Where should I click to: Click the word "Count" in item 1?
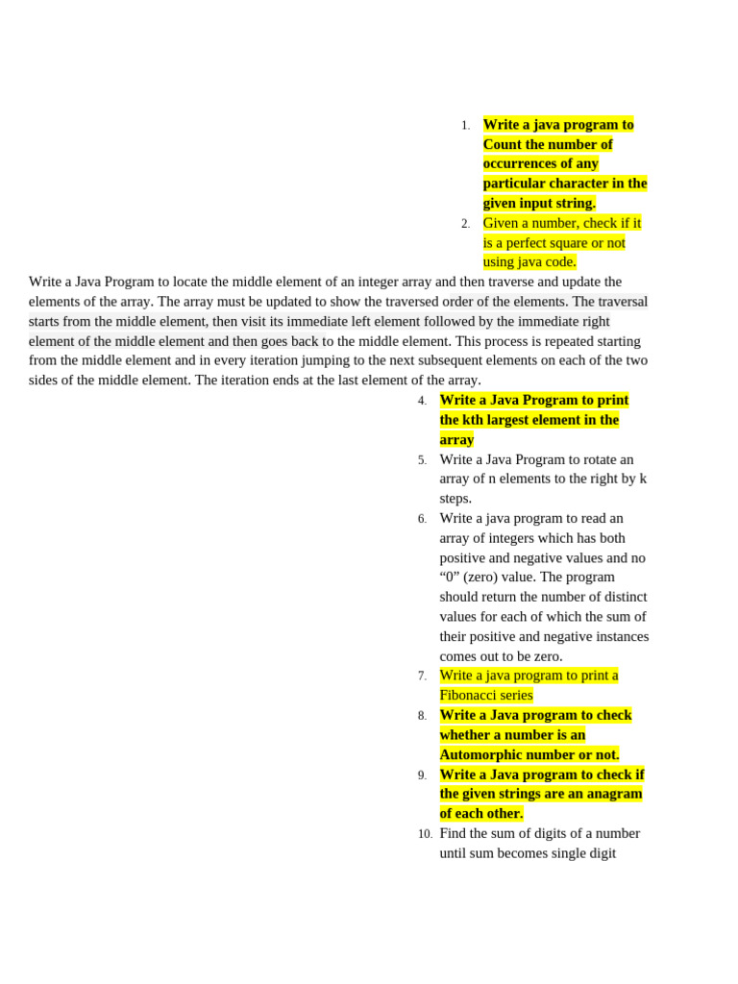[x=504, y=144]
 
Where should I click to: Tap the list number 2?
[x=465, y=224]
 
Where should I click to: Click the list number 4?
[x=422, y=401]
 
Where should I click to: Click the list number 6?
[x=422, y=519]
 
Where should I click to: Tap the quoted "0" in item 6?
[x=451, y=578]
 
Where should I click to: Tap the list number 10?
[x=425, y=834]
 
